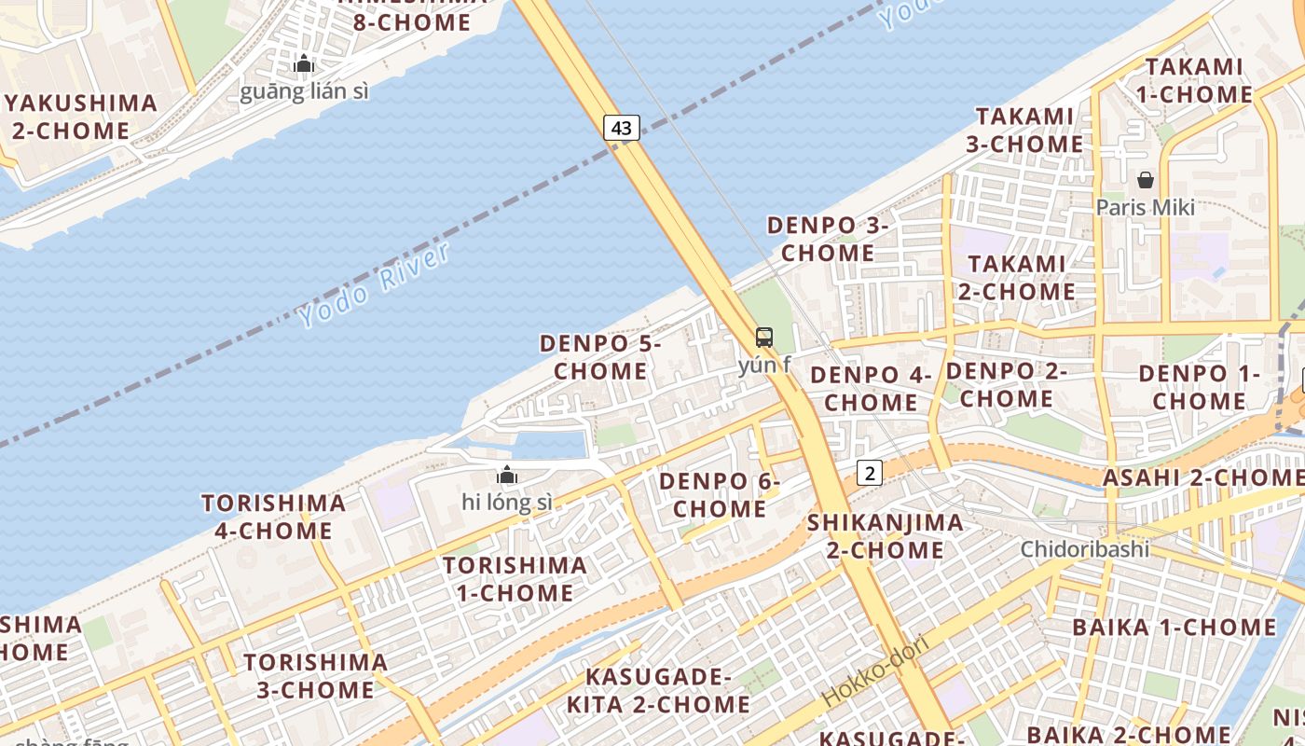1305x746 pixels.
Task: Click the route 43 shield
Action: tap(622, 128)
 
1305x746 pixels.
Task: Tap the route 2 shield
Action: tap(869, 473)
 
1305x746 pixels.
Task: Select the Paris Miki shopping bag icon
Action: tap(1145, 180)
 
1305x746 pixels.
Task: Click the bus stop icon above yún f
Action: tap(764, 338)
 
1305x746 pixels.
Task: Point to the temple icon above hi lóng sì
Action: tap(507, 476)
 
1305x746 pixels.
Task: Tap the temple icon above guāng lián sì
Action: tap(304, 64)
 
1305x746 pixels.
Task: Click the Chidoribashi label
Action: tap(1085, 548)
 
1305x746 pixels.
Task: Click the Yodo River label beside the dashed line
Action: tap(375, 284)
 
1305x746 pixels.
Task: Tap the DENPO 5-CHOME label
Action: tap(600, 357)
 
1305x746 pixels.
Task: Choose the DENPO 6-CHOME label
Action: tap(719, 495)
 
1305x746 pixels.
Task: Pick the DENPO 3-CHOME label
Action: tap(827, 239)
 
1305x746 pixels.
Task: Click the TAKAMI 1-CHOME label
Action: tap(1194, 80)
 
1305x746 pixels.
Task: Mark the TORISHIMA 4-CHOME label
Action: tap(273, 517)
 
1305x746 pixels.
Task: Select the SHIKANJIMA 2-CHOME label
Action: tap(885, 536)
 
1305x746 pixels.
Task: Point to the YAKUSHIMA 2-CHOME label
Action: tap(82, 117)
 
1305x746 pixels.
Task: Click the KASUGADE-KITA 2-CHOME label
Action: tap(658, 690)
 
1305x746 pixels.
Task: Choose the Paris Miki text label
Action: tap(1145, 207)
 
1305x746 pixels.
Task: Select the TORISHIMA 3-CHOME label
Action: tap(315, 676)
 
